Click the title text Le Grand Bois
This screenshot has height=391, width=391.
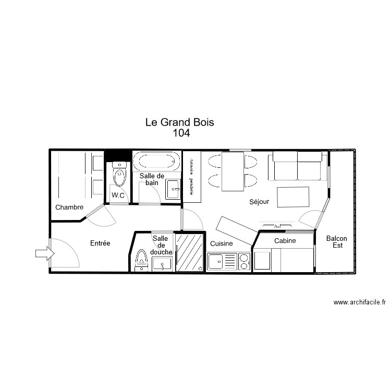pos(180,123)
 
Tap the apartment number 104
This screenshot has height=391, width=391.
pos(181,133)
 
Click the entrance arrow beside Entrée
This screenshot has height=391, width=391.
pos(44,254)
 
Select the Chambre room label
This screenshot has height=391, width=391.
pos(69,207)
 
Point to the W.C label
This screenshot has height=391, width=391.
pos(118,195)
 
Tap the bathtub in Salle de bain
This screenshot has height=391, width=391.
pos(156,161)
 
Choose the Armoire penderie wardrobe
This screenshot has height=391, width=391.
pos(192,177)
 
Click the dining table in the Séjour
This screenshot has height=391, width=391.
pos(233,171)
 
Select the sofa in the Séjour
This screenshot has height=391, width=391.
pos(296,165)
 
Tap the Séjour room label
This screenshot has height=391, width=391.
pos(259,202)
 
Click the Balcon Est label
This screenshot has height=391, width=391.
pos(336,242)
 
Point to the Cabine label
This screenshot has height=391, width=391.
pos(285,241)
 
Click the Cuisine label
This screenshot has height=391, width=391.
pos(222,243)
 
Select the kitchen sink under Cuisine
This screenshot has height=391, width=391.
pos(222,261)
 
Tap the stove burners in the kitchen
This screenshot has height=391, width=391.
pos(244,261)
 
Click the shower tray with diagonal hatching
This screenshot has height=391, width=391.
pos(189,252)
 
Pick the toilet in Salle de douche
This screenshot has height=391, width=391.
pos(141,259)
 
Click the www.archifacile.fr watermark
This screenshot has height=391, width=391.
pos(359,302)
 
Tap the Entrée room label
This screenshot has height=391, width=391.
pos(100,243)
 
